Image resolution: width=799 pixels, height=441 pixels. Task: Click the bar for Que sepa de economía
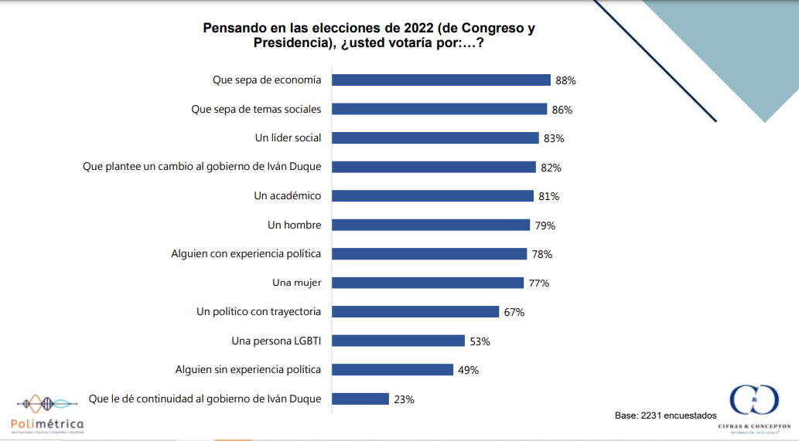pos(442,80)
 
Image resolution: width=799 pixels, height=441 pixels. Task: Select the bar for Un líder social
pos(436,137)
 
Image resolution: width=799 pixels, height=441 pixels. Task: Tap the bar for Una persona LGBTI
pos(399,341)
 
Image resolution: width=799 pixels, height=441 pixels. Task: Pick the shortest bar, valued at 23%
pos(361,399)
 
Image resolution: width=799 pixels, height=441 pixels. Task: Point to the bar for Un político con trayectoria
pos(416,311)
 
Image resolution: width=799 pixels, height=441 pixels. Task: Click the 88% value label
pos(565,80)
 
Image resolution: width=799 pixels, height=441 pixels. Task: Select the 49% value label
pos(468,370)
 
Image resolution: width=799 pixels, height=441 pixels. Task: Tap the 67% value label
pos(514,312)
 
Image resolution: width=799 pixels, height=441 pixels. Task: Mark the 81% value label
pos(548,196)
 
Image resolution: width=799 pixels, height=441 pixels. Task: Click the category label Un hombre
pos(294,225)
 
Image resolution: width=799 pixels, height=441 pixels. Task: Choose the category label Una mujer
pos(296,283)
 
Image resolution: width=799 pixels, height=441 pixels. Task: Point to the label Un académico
pos(287,195)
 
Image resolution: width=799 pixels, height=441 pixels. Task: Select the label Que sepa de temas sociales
pos(256,109)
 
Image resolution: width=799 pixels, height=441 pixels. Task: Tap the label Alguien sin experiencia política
pos(248,369)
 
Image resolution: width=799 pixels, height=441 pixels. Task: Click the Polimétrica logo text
pos(47,424)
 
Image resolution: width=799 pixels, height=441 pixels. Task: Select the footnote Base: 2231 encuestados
pos(665,416)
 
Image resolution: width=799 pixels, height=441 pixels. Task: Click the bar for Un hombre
pos(431,225)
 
